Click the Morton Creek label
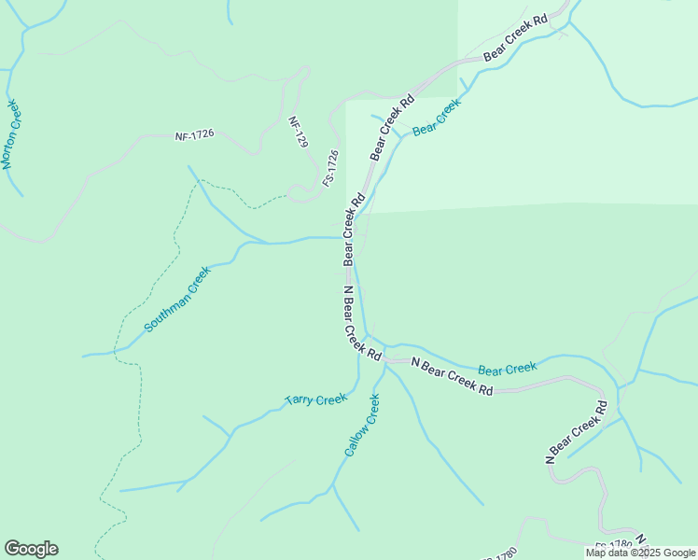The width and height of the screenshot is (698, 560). [10, 134]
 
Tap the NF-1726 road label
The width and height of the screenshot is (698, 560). [194, 134]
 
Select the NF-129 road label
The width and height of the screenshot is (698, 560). [298, 133]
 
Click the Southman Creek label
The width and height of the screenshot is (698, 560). [177, 300]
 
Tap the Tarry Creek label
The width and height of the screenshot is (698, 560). [315, 399]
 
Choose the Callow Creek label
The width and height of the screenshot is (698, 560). [362, 425]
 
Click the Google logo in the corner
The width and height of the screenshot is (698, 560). [31, 549]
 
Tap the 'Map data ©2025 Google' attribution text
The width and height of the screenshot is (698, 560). [640, 553]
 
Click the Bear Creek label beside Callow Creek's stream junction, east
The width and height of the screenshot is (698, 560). [507, 370]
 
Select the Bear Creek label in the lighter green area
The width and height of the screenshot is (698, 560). [436, 118]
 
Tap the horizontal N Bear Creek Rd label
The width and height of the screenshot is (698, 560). [451, 377]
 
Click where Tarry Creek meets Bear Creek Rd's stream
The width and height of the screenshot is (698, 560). [357, 382]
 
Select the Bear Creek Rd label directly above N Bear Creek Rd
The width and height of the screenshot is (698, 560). [352, 230]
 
